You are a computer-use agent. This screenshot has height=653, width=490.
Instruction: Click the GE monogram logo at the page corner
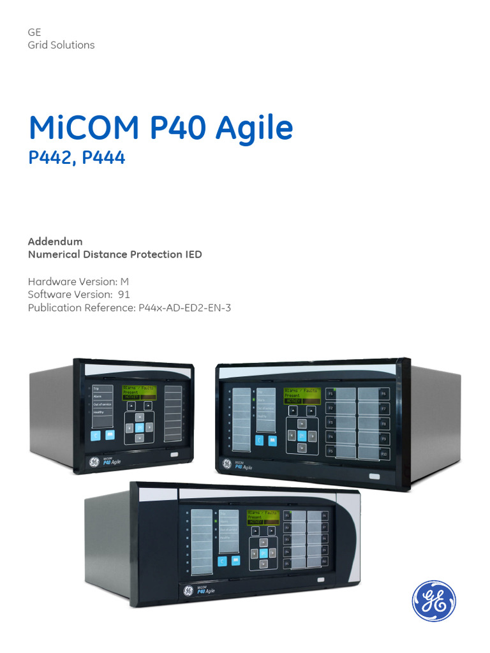434,601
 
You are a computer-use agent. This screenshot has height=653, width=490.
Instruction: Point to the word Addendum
56,242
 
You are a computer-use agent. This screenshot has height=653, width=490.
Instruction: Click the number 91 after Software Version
124,294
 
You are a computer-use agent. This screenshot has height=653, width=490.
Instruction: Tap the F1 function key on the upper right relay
330,394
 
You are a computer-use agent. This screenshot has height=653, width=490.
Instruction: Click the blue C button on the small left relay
95,436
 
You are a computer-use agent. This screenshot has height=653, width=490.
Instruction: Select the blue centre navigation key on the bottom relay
262,553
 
